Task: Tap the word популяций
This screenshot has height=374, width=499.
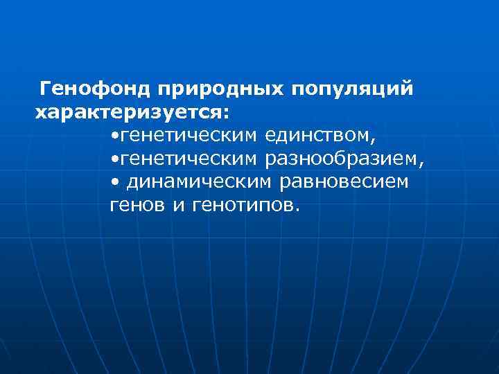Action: (x=353, y=89)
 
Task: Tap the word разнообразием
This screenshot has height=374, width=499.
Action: (x=341, y=159)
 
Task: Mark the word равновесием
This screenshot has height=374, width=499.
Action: (x=344, y=182)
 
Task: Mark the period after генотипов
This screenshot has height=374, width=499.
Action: (x=298, y=209)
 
